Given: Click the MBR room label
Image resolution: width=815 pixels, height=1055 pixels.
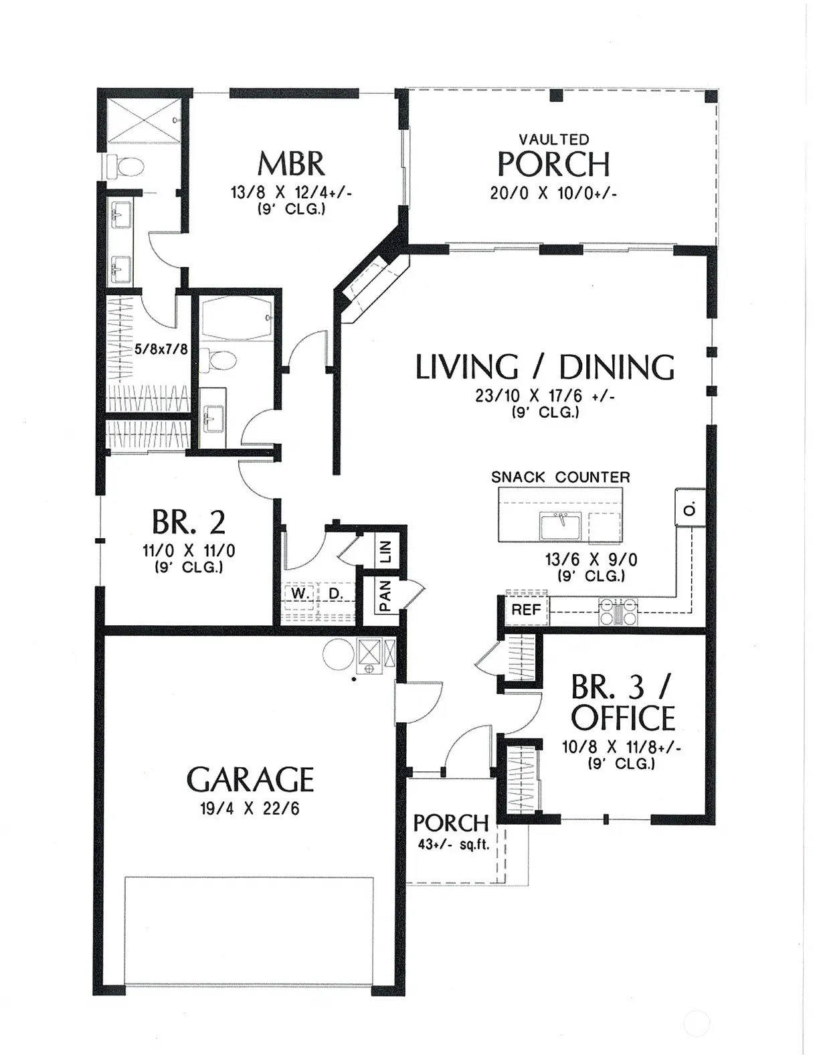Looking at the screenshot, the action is tap(291, 163).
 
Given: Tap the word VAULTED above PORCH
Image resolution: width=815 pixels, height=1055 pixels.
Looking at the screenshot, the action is tap(554, 140).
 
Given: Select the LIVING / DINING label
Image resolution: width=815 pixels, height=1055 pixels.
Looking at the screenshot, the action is tap(545, 367).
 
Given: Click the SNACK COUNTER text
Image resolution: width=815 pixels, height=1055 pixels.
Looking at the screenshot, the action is tap(561, 477).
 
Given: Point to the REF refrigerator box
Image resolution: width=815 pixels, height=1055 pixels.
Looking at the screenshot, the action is tap(527, 611).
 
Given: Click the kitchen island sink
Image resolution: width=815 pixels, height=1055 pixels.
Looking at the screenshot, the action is tap(560, 525).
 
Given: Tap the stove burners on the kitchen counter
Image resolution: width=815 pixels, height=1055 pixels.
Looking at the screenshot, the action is tap(618, 611).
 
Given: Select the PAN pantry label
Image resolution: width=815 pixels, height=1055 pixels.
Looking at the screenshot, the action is tap(385, 596).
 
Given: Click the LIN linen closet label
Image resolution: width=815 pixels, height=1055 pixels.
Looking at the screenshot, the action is tap(387, 552).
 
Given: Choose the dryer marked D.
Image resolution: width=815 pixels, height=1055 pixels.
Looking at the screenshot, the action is tap(336, 593).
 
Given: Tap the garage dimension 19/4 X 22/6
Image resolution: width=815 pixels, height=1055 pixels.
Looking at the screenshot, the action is tap(250, 809).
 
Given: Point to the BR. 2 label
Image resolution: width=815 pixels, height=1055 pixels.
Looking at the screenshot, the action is tap(189, 522).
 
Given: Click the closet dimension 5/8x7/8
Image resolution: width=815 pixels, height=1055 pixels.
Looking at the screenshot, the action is tap(161, 349).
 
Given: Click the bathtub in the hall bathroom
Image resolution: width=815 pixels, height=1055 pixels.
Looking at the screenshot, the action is tap(236, 318).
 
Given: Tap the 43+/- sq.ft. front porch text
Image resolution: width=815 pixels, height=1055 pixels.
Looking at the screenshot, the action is tap(454, 845).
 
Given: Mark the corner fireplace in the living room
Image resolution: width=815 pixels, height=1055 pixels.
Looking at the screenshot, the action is tap(373, 289).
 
